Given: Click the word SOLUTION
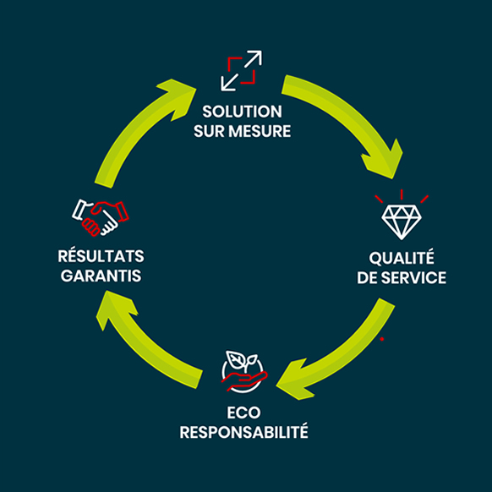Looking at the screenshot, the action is pos(242,112).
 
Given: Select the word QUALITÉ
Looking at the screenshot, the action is pos(402,257).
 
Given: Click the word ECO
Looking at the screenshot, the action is pos(243,413).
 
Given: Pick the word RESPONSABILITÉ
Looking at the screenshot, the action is pos(243,432).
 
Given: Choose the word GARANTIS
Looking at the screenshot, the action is pos(101,276).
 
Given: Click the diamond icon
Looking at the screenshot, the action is pos(402,222).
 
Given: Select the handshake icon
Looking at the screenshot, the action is pos(101,217).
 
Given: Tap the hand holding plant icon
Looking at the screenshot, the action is pos(243,371).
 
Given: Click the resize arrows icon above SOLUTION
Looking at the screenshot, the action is pos(241,71).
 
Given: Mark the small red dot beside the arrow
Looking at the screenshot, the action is pos(382,339).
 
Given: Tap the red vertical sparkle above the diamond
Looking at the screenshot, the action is pos(402,194).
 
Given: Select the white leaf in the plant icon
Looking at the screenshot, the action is pos(235,359).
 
